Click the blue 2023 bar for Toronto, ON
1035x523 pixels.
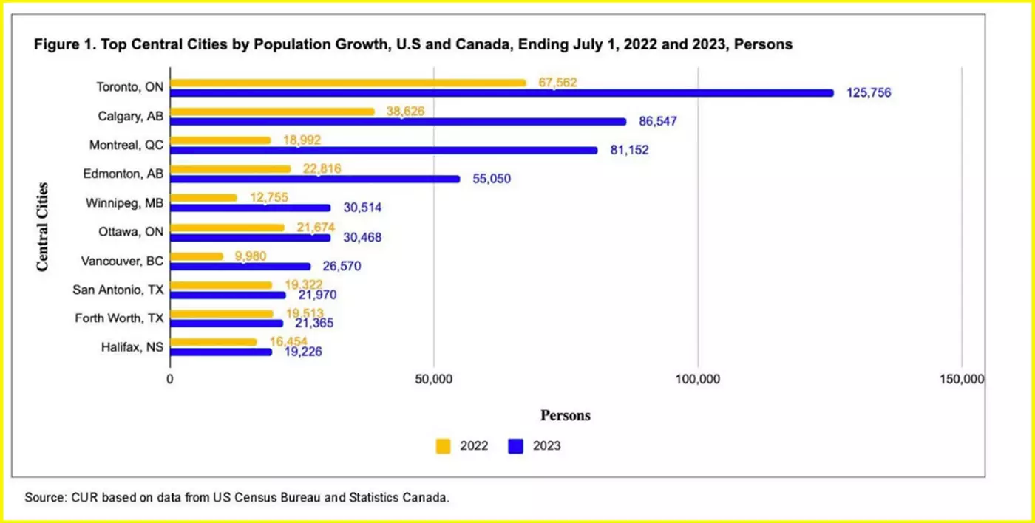(502, 93)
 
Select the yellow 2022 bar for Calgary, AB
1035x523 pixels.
(273, 112)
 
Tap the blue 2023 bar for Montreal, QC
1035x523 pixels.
(384, 150)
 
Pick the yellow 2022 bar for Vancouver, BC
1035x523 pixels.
(197, 256)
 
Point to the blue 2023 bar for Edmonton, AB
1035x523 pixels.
(315, 179)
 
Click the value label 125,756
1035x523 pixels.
(869, 93)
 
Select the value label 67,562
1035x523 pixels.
(557, 83)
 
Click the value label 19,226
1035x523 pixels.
(299, 352)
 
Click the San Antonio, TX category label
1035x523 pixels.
(119, 290)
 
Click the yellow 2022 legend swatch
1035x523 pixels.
(443, 445)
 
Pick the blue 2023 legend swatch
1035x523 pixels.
(516, 445)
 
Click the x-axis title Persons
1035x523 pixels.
(566, 415)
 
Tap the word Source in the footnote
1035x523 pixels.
(44, 497)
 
